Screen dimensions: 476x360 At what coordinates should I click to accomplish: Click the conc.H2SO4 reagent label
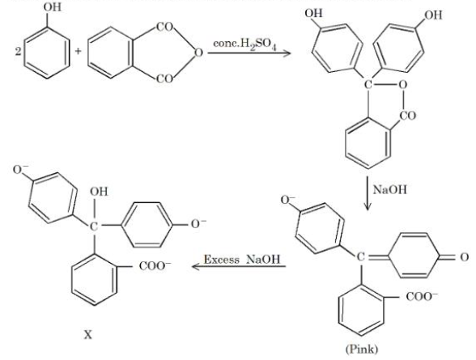(244, 44)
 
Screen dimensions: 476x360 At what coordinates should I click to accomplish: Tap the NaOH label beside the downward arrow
(389, 190)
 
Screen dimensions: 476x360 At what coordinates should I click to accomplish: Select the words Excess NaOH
(241, 260)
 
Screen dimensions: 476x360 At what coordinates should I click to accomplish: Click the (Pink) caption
(362, 349)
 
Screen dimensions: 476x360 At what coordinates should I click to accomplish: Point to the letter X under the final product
(87, 335)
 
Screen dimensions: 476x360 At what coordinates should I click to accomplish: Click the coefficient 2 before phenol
(19, 52)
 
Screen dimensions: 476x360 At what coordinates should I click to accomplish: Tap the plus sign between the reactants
(79, 51)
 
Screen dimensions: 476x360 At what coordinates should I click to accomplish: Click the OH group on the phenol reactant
(52, 7)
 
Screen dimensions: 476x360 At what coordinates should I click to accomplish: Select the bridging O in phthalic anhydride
(198, 53)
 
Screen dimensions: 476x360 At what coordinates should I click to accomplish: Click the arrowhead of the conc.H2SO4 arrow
(287, 53)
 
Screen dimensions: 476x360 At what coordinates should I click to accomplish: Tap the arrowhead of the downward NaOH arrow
(368, 207)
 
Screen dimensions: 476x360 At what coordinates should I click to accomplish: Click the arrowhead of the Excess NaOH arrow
(196, 267)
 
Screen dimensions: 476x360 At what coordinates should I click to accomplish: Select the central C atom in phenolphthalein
(368, 84)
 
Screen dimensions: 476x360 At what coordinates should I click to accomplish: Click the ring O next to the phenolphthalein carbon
(402, 85)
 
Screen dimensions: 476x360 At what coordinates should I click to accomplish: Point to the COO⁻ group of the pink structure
(422, 296)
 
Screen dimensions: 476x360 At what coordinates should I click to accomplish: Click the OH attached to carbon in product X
(99, 192)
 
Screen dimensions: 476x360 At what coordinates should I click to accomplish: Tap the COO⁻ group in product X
(155, 266)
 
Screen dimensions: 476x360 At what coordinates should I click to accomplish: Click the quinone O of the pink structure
(465, 257)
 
